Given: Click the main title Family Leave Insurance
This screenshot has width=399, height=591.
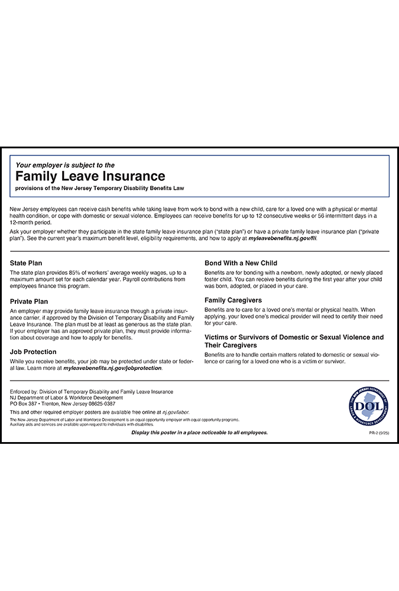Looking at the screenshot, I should (90, 176).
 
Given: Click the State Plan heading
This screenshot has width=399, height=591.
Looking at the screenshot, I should (26, 262).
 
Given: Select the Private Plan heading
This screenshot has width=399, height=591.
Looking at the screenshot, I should (29, 301).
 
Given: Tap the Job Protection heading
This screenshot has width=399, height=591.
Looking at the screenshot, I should (33, 352).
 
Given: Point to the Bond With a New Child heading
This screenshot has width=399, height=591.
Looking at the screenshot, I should (241, 262).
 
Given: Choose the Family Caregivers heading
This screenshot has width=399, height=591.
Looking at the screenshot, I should (233, 300).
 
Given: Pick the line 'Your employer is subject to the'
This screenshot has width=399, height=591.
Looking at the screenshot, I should (65, 165).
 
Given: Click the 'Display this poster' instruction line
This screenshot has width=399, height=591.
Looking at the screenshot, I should (199, 433).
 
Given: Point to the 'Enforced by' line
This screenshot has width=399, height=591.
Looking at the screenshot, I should (92, 391).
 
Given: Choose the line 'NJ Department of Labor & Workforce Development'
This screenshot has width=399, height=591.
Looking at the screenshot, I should (67, 397).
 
